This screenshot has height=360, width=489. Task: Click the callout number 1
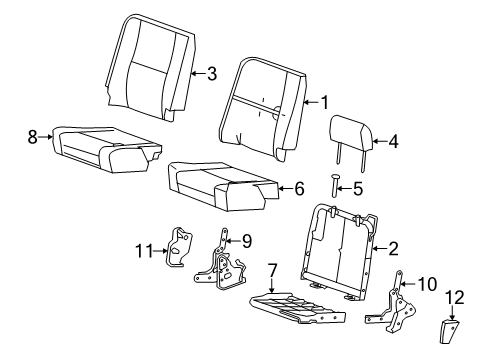pos(323,101)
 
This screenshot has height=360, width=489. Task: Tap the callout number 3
pos(210,72)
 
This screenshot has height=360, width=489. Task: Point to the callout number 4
pos(393,142)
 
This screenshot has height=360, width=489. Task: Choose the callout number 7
pos(271,269)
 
